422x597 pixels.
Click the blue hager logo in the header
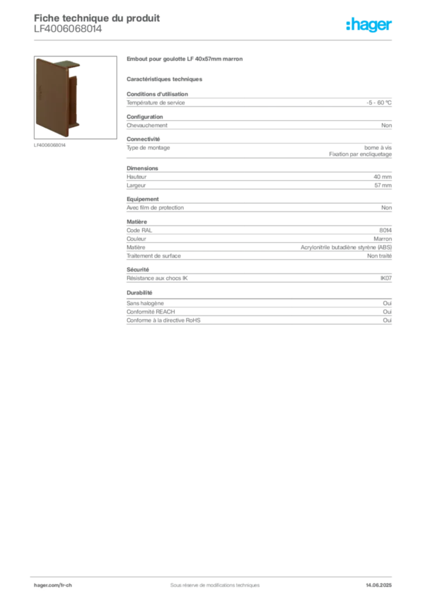click(370, 26)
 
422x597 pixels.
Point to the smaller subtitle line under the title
click(68, 34)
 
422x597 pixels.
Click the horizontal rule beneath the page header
click(214, 40)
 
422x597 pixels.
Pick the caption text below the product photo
click(51, 145)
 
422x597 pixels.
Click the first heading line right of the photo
click(187, 60)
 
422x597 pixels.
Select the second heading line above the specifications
click(166, 78)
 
